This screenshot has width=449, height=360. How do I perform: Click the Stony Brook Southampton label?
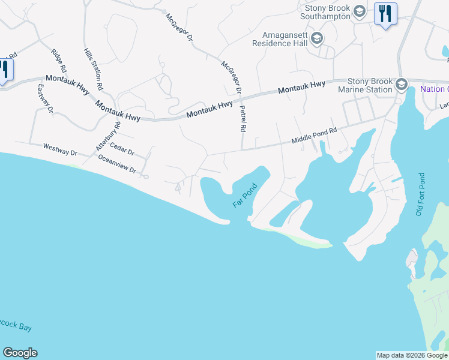[327, 12]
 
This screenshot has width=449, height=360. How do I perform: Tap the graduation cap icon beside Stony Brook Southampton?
[359, 11]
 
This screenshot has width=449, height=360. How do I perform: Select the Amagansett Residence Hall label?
[280, 40]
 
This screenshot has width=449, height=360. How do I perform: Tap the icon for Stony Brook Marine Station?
[402, 86]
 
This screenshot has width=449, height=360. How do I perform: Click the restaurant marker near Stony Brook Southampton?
[385, 14]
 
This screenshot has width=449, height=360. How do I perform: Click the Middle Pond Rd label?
[315, 134]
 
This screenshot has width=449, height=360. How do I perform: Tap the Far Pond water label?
[245, 196]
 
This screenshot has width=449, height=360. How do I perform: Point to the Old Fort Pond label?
[420, 195]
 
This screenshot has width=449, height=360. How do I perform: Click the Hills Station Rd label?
[93, 70]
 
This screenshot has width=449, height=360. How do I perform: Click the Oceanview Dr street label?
[117, 164]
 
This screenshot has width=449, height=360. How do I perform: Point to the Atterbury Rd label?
[108, 137]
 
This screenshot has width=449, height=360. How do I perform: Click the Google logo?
[20, 353]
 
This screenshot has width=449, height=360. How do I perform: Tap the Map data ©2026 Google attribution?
[411, 355]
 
